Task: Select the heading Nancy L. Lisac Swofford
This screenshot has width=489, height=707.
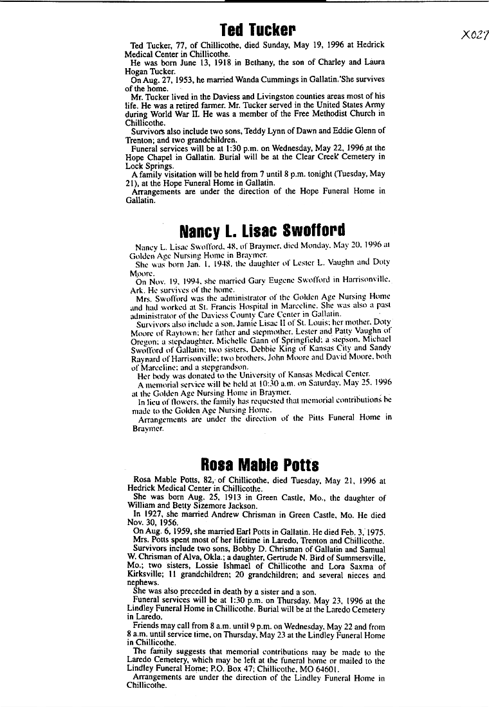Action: tap(262, 230)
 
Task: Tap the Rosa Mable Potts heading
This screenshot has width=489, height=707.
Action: tap(260, 465)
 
